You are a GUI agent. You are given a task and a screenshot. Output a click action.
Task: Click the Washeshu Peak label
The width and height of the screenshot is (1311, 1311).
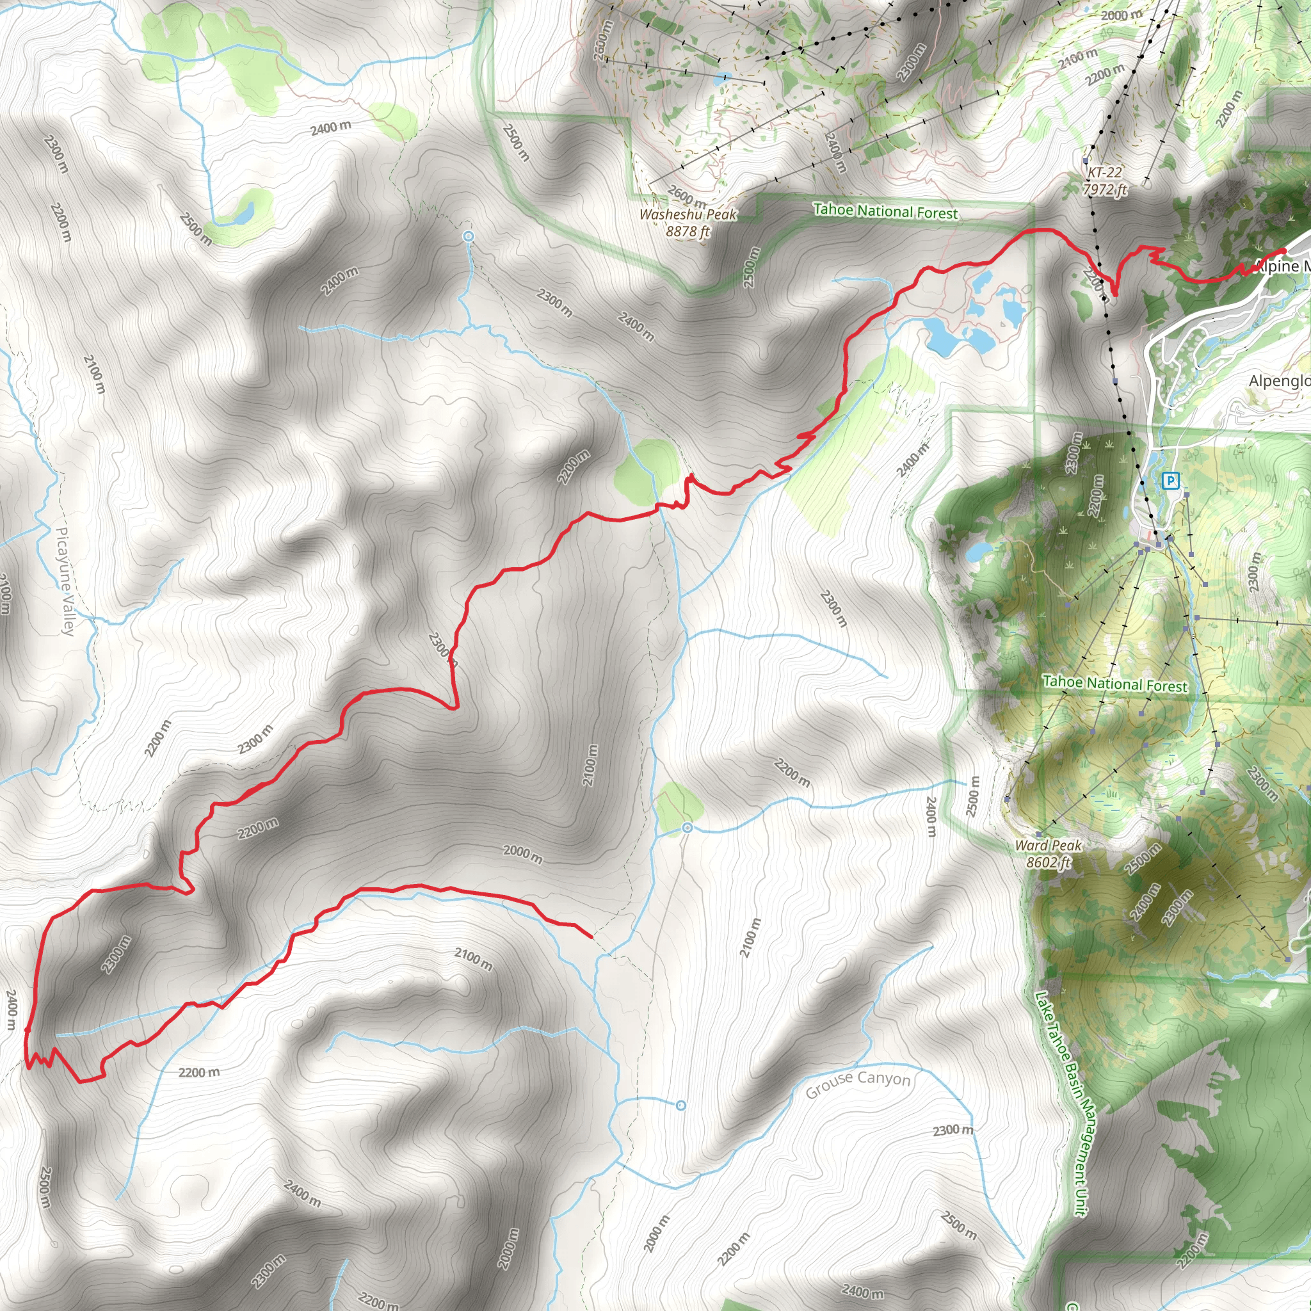(688, 214)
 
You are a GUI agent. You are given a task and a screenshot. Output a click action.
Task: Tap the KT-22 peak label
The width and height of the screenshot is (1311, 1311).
(1104, 173)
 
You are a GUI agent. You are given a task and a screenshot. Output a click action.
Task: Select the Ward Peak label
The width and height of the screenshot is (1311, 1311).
(1049, 846)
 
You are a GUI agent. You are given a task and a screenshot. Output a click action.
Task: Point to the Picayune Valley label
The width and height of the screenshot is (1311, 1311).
(65, 581)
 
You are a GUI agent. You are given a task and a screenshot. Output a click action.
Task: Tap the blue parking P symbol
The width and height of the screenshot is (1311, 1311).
(1171, 481)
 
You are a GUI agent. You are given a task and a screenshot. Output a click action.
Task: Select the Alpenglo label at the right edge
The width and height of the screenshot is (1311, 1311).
(1279, 381)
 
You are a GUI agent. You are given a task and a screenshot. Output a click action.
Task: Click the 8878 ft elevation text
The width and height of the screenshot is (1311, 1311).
(688, 231)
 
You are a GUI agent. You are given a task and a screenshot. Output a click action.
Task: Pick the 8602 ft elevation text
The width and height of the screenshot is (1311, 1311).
(1049, 862)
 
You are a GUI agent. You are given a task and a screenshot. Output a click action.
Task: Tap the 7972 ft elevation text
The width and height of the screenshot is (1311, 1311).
(1104, 189)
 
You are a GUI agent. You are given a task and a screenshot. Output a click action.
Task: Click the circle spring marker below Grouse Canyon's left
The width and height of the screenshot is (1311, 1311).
(680, 1106)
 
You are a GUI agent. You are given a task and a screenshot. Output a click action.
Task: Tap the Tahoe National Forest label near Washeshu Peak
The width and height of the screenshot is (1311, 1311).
(885, 211)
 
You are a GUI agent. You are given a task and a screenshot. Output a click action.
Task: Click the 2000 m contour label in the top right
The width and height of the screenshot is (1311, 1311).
(1122, 15)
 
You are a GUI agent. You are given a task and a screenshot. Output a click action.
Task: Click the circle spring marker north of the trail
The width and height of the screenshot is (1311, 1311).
(467, 236)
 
